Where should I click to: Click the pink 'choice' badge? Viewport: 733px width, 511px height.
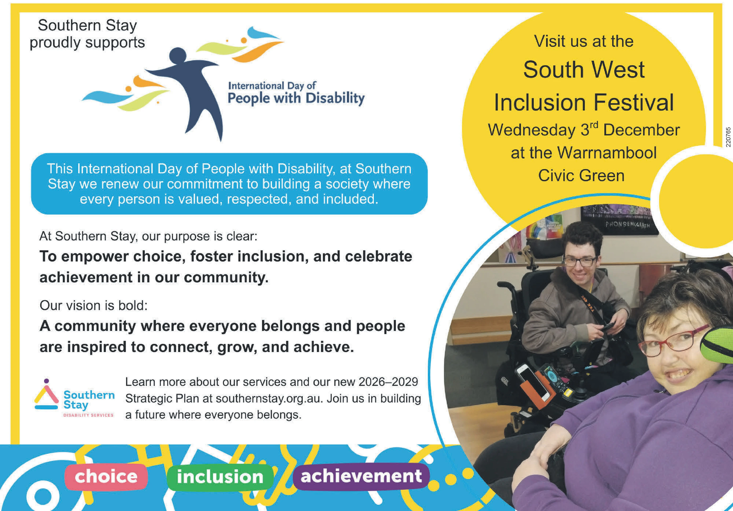(x=106, y=477)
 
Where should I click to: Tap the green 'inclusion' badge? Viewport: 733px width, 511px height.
(x=220, y=477)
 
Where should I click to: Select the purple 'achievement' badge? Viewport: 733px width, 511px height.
(x=361, y=476)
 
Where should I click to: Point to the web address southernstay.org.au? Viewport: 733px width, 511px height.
(x=269, y=399)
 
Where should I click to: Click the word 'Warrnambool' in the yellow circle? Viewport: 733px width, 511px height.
(x=607, y=153)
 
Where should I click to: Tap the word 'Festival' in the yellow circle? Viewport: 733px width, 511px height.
(x=634, y=103)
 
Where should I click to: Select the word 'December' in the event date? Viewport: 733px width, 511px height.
(x=642, y=130)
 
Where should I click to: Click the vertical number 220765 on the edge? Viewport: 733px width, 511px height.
(x=728, y=137)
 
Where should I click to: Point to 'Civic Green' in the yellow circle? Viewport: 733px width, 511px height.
(x=581, y=176)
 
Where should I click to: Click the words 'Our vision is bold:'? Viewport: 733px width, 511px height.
(x=93, y=306)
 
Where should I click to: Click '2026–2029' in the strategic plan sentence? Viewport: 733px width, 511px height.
(x=388, y=382)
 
